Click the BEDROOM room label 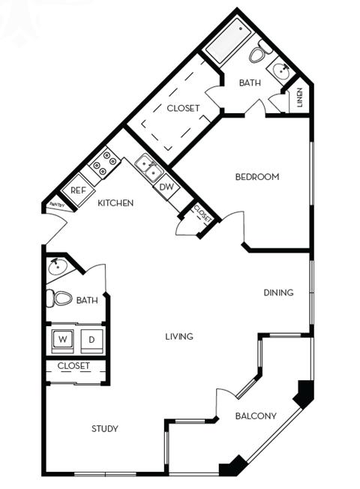click(257, 177)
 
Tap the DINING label click(278, 292)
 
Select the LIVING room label click(179, 337)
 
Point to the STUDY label click(105, 429)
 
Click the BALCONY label click(256, 416)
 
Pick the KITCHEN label click(115, 203)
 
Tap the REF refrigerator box click(77, 190)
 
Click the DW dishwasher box click(166, 187)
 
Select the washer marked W click(62, 339)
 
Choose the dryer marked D click(91, 339)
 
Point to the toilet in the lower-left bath click(61, 298)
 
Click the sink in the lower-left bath click(58, 266)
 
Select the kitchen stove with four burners click(105, 160)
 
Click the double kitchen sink click(150, 167)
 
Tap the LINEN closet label click(300, 97)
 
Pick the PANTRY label click(55, 204)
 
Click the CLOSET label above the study click(73, 366)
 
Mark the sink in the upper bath click(283, 71)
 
